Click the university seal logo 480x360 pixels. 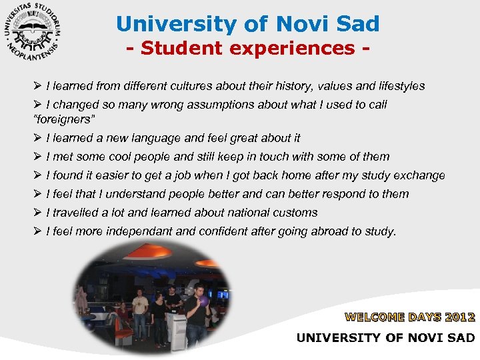(33, 32)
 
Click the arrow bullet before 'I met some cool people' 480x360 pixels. (37, 157)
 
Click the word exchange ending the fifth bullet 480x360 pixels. (421, 175)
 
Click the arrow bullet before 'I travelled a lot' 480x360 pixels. (37, 213)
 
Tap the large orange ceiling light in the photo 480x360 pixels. (151, 253)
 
